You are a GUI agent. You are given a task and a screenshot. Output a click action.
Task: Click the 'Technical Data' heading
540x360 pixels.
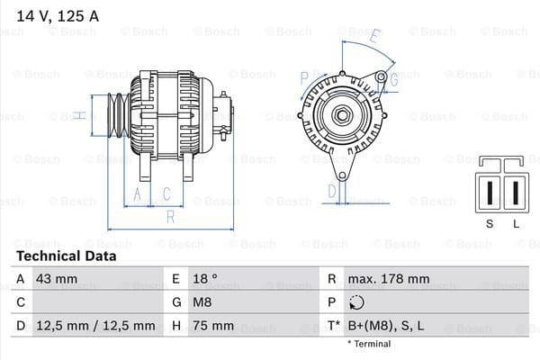pos(66,256)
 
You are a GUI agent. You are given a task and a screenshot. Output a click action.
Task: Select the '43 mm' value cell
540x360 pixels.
pos(56,279)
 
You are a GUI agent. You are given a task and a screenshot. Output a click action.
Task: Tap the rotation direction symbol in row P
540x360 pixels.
pos(358,302)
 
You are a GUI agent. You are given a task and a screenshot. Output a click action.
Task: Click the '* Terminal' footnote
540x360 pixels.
pos(369,344)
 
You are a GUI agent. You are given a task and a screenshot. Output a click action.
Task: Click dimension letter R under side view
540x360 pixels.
pos(169,216)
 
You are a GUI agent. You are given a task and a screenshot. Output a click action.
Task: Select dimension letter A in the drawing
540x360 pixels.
pos(138,194)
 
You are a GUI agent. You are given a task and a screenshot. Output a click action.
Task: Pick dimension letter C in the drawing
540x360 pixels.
pos(166,194)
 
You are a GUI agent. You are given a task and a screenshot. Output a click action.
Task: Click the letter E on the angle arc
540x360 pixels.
pos(374,38)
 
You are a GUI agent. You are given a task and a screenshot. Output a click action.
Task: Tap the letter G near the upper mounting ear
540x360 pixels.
pos(393,79)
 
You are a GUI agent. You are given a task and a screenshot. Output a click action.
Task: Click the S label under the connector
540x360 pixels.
pos(489,222)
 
